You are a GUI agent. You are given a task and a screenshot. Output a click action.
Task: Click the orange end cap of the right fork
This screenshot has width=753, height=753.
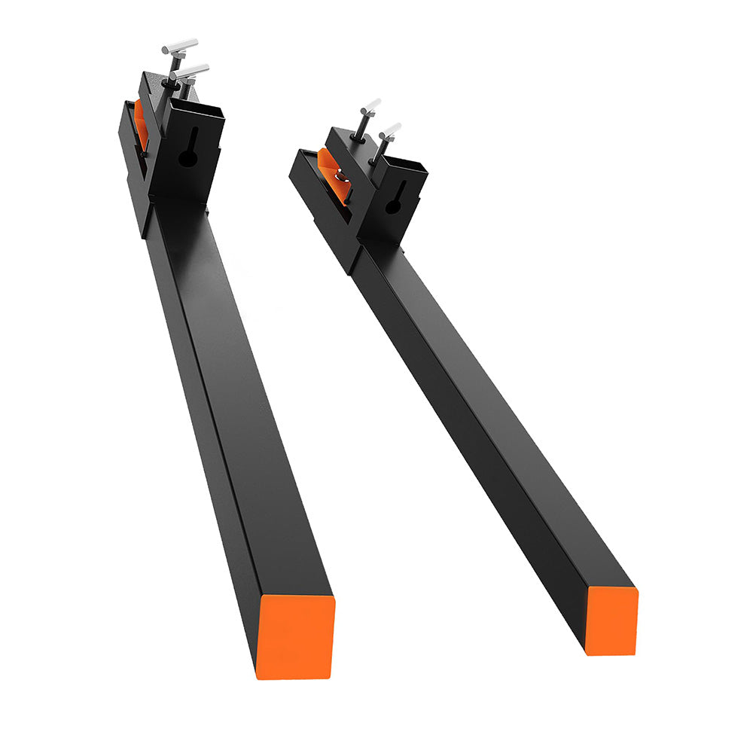(612, 620)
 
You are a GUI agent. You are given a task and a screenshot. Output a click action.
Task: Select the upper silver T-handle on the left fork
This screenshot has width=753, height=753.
(179, 47)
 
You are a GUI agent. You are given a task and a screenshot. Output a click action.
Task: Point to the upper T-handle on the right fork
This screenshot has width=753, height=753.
(371, 105)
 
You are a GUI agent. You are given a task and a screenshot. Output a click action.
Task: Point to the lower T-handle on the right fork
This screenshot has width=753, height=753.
(390, 130)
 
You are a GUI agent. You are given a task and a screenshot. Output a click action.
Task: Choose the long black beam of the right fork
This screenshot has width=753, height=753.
(489, 422)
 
